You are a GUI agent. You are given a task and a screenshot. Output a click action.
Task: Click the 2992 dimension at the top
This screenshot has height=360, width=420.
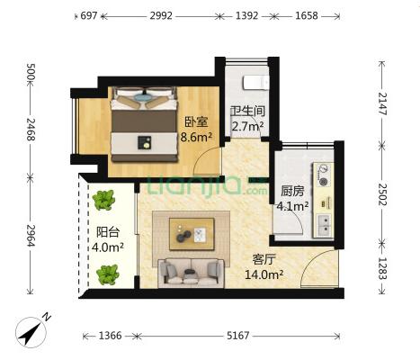pyautogui.click(x=161, y=15)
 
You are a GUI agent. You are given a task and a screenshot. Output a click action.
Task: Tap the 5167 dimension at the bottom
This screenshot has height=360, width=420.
pyautogui.click(x=237, y=335)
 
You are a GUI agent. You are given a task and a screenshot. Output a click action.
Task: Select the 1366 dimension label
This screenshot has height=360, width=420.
pyautogui.click(x=110, y=335)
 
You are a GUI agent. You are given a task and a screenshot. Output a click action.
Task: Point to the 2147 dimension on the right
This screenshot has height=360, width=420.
pyautogui.click(x=381, y=103)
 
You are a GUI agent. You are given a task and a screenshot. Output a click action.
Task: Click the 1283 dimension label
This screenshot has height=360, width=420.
pyautogui.click(x=381, y=268)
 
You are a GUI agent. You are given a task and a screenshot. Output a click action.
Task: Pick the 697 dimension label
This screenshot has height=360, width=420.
pyautogui.click(x=89, y=15)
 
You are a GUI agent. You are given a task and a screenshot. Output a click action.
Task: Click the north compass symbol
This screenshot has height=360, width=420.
pyautogui.click(x=31, y=331)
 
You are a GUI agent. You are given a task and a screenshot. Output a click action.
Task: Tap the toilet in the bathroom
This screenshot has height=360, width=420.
pyautogui.click(x=255, y=83)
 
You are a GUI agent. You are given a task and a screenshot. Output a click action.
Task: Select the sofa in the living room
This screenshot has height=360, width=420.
pyautogui.click(x=191, y=273)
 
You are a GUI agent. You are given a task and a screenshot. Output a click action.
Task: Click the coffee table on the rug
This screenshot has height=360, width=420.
pyautogui.click(x=192, y=234)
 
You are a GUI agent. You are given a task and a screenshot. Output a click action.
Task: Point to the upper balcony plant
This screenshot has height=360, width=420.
pyautogui.click(x=103, y=200)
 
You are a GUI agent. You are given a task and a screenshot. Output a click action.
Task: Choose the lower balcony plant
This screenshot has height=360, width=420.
pyautogui.click(x=108, y=274)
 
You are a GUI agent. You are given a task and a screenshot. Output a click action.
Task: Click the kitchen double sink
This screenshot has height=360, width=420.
pyautogui.click(x=324, y=225)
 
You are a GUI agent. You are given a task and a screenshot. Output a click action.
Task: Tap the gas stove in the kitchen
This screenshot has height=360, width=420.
pyautogui.click(x=323, y=175)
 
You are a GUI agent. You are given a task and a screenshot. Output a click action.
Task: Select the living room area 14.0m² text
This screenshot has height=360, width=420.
pyautogui.click(x=264, y=274)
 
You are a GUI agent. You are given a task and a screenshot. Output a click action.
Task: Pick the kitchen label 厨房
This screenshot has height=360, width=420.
pyautogui.click(x=292, y=191)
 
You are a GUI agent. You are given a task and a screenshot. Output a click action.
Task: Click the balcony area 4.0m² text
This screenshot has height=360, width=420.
pyautogui.click(x=108, y=247)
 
